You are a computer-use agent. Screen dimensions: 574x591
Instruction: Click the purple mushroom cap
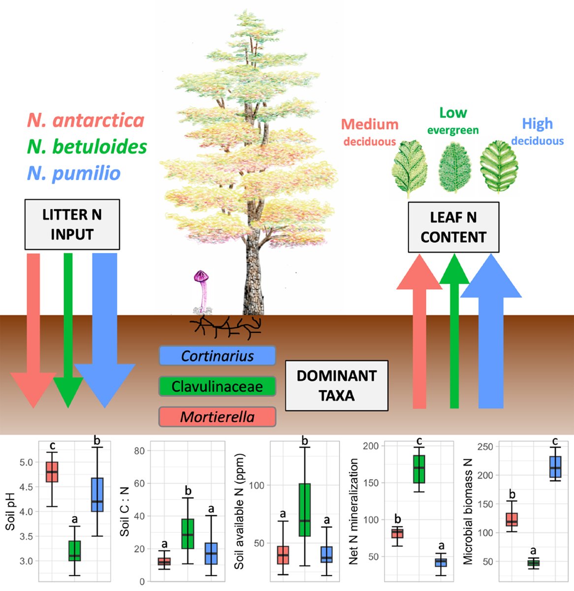click(201, 275)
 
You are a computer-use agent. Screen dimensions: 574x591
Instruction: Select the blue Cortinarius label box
click(217, 356)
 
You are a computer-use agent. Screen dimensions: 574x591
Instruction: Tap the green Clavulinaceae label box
click(217, 386)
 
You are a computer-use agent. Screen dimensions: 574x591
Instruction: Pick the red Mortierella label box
click(217, 417)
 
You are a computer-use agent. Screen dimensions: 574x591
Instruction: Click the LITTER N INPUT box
click(72, 225)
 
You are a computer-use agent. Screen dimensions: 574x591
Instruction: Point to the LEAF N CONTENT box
click(453, 227)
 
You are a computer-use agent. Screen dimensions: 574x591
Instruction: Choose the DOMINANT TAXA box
click(337, 386)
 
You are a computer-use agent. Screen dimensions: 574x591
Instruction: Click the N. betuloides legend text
click(87, 147)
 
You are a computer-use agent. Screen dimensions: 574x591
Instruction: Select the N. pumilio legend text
click(74, 173)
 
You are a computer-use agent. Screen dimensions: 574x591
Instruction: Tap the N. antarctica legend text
click(86, 120)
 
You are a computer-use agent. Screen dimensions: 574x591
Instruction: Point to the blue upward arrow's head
click(491, 276)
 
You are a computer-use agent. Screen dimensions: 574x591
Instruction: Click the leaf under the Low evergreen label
click(454, 167)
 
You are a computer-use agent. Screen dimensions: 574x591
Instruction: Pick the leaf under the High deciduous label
click(499, 166)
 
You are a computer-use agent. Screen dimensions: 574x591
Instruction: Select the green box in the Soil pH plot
click(74, 551)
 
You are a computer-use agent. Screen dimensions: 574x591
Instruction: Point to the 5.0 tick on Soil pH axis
click(26, 462)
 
